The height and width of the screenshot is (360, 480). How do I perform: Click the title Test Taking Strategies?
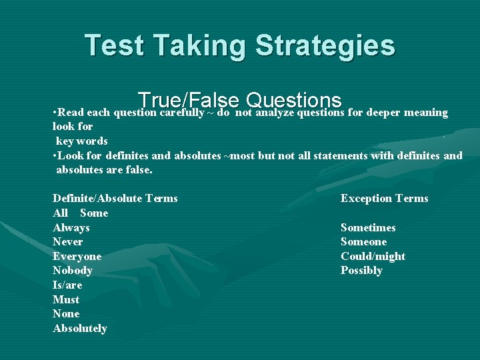[x=240, y=45]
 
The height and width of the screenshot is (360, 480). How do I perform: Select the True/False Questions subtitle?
[x=240, y=100]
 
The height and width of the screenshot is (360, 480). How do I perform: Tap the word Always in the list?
[x=71, y=227]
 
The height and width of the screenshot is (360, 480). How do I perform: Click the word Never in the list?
[x=68, y=242]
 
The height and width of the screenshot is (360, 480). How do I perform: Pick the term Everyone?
[x=77, y=256]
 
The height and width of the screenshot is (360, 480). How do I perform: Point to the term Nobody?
[x=73, y=271]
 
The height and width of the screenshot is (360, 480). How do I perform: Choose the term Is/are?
[x=67, y=285]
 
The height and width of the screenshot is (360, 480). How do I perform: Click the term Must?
[x=66, y=299]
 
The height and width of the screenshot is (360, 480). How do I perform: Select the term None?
[x=66, y=314]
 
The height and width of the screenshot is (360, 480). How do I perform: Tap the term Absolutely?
[x=80, y=328]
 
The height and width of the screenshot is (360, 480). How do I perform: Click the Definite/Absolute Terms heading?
[x=115, y=198]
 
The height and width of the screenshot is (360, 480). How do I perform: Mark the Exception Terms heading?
[x=385, y=198]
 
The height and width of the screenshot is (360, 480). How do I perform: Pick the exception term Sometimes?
[x=368, y=227]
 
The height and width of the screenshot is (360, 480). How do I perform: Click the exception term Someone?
[x=363, y=242]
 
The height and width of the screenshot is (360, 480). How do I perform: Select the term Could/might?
[x=373, y=256]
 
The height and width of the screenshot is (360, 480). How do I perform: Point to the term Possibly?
[x=361, y=271]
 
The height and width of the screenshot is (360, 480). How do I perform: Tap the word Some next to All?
[x=94, y=213]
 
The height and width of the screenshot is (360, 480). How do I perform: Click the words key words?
[x=82, y=141]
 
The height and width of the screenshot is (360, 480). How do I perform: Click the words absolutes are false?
[x=105, y=170]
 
